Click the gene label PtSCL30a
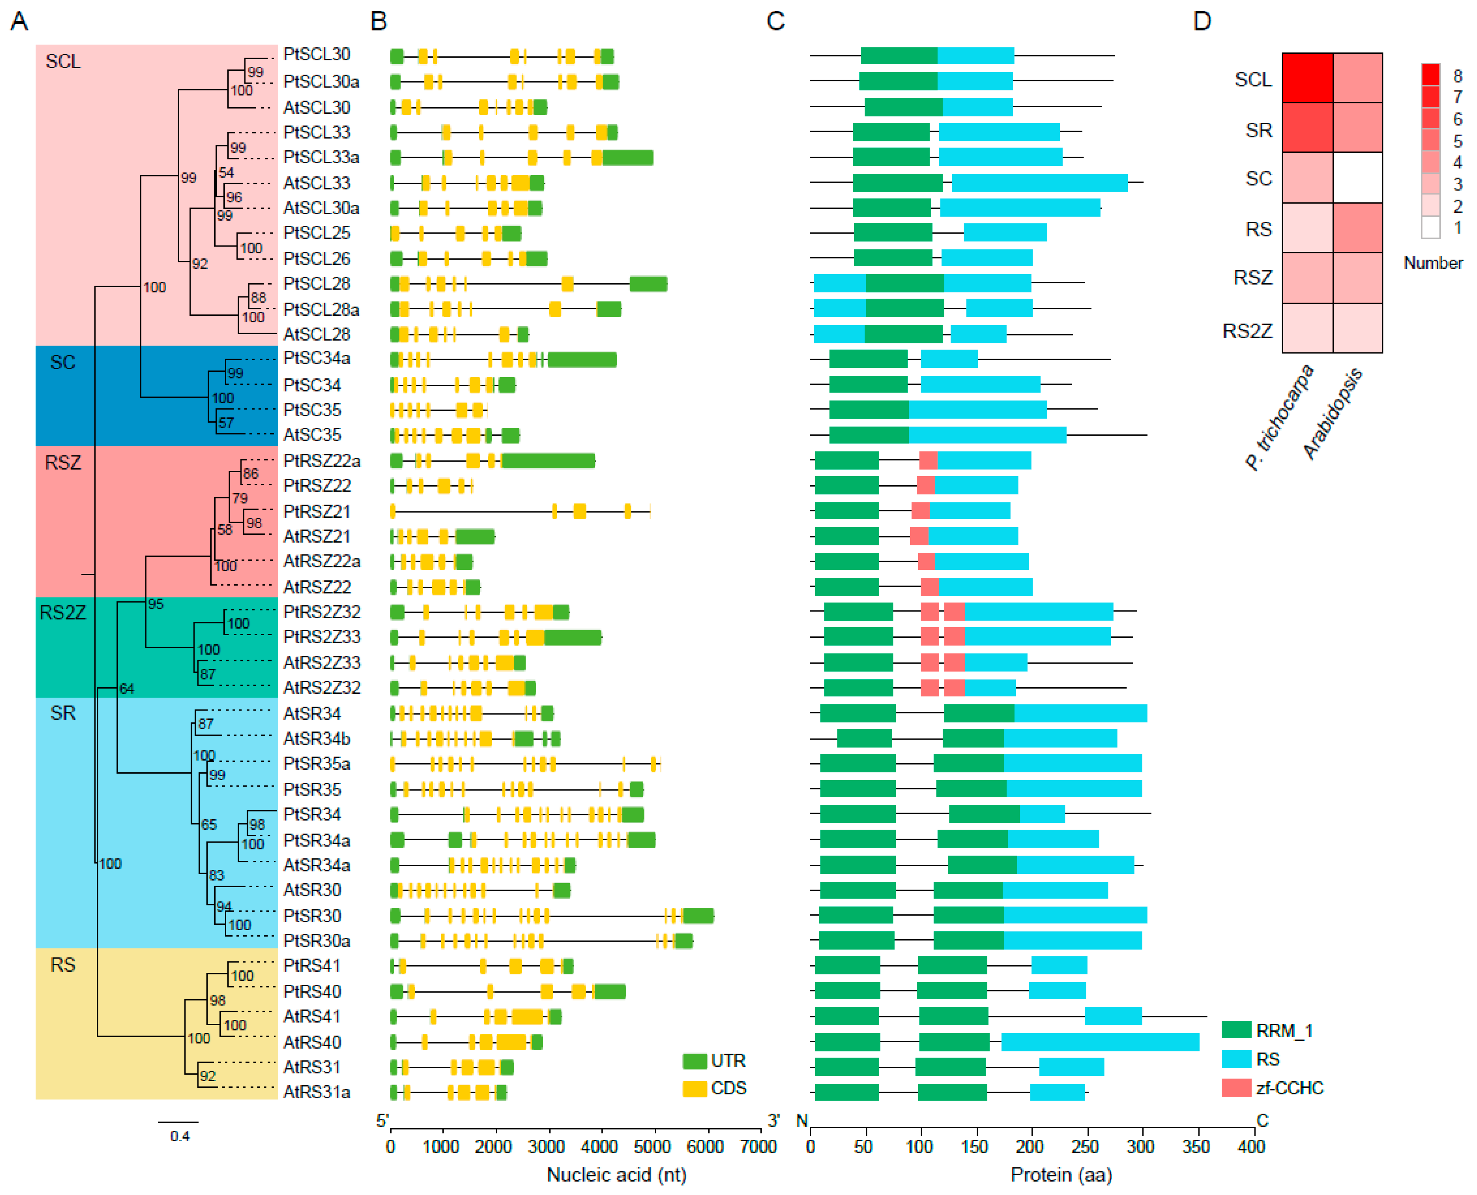coord(321,81)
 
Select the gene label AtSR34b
coord(317,739)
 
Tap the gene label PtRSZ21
coord(317,511)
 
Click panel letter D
coord(1202,21)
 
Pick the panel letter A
coord(19,21)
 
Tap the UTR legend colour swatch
coord(695,1061)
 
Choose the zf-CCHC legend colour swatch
coord(1236,1088)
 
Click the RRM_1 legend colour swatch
coord(1236,1030)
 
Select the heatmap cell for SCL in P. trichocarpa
coord(1307,78)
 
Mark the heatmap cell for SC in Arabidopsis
coord(1357,178)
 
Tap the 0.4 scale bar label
coord(180,1136)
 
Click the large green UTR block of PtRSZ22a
coord(548,460)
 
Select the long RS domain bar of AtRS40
coord(1100,1042)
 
